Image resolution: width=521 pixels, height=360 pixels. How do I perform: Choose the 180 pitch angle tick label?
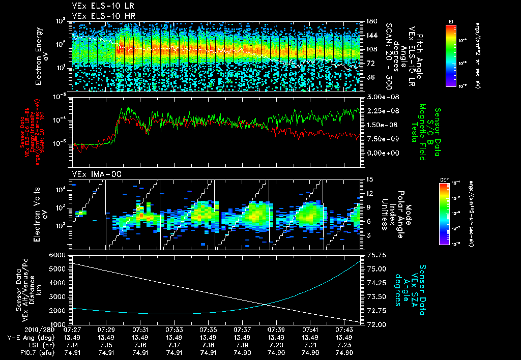[368, 22]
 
